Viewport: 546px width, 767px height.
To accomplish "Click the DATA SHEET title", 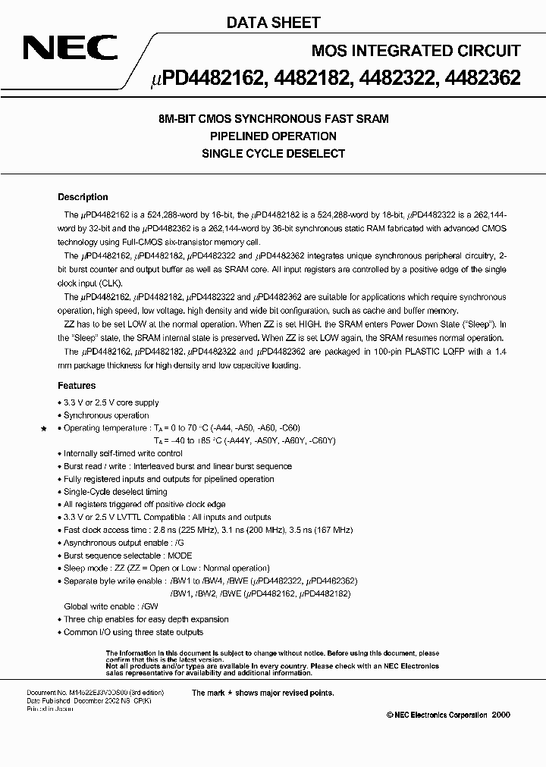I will tap(273, 23).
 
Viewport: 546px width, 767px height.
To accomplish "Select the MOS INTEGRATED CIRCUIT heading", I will tap(416, 51).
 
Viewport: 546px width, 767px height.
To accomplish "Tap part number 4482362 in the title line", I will tap(483, 78).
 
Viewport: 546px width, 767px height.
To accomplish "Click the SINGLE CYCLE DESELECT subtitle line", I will tap(273, 153).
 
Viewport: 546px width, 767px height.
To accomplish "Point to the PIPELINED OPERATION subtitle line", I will tap(273, 136).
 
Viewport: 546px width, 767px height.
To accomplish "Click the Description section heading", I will tap(83, 197).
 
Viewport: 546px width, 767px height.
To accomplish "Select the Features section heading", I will tap(77, 386).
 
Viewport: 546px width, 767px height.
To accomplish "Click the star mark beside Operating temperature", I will tap(44, 429).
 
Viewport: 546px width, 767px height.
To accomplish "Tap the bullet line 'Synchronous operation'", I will tap(105, 415).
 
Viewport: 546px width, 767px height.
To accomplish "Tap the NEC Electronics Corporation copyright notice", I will tap(443, 715).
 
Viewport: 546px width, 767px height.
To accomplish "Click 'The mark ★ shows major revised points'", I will tap(262, 693).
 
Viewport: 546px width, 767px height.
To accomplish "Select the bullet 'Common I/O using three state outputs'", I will tap(133, 632).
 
